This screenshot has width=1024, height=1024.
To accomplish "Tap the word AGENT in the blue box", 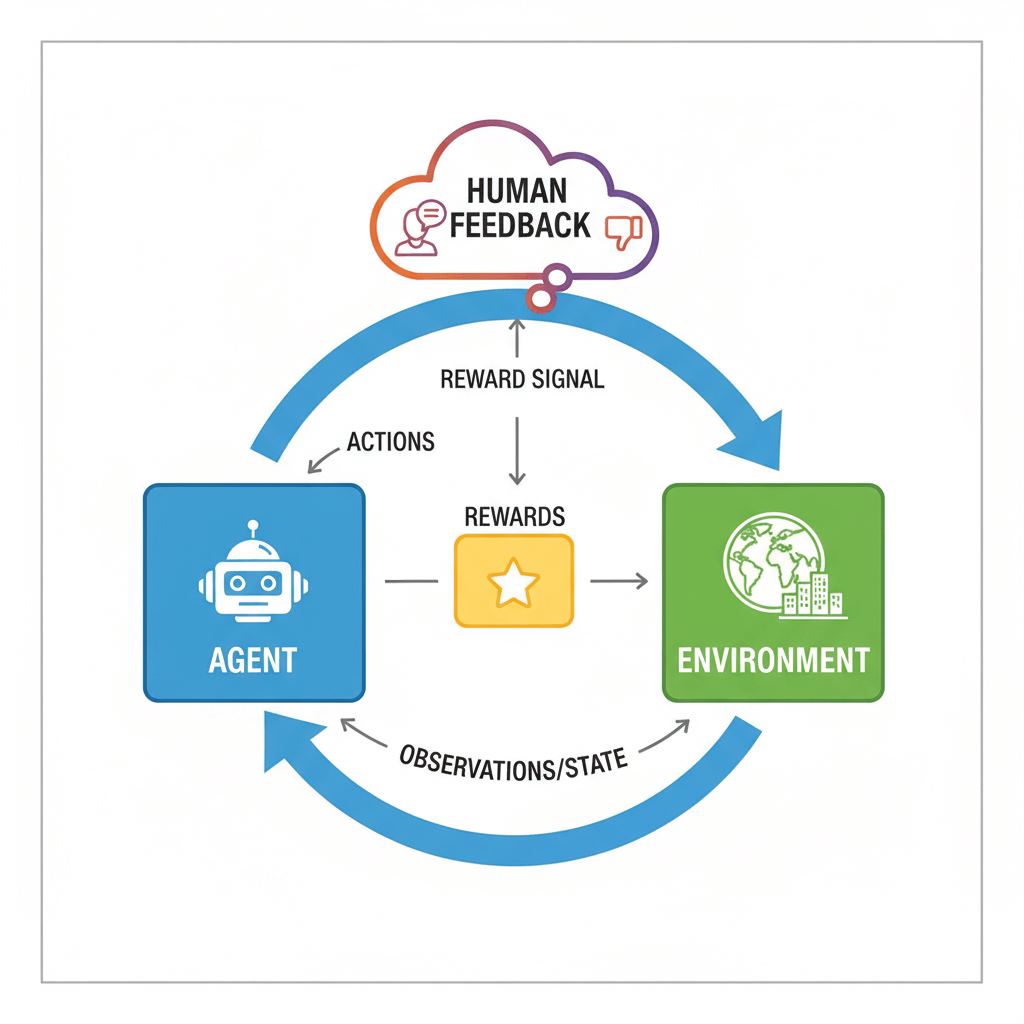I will point(253,660).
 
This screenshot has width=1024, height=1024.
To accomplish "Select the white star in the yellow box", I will point(514,582).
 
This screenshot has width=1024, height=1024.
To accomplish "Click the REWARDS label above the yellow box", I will point(514,517).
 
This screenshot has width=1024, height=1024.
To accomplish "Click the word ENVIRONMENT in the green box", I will point(773,660).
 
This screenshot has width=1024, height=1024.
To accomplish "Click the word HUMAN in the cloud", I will point(517,190).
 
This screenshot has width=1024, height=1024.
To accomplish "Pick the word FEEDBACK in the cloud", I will point(520,225).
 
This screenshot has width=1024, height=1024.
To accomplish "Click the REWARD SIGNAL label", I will point(522,380).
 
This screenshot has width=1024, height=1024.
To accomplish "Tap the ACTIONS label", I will point(390,441).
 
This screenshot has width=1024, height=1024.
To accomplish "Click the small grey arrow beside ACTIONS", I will point(322,459).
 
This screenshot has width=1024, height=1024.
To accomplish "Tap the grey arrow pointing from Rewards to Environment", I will point(619,580).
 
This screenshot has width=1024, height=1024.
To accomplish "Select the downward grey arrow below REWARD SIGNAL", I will point(517,450).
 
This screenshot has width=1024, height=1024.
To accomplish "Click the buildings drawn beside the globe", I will point(813,596).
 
